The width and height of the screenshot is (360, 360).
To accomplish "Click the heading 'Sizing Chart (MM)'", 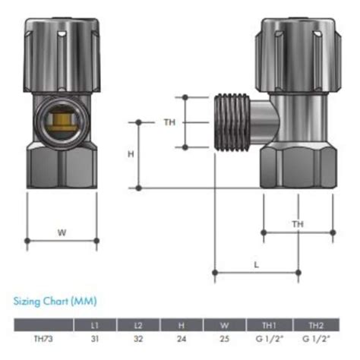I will tap(55, 302).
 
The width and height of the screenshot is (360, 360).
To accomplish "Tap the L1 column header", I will tap(94, 325).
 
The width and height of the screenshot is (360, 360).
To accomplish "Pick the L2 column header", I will tap(138, 325).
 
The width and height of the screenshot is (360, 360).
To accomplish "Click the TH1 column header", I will tap(270, 325).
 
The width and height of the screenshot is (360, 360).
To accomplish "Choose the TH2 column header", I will tap(314, 325).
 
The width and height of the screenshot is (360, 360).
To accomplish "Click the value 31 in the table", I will tap(94, 339).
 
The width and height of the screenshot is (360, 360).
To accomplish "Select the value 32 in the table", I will tap(138, 339).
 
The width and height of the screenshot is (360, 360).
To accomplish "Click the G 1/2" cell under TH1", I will tap(270, 339).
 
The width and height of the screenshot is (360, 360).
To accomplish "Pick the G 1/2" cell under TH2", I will tap(314, 339).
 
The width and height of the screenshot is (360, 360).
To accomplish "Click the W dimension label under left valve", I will tap(62, 232).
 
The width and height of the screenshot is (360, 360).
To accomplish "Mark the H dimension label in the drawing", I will tap(131, 154).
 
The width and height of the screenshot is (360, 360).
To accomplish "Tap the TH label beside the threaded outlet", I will tap(169, 122).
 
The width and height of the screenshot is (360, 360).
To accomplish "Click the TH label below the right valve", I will tap(298, 224).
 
